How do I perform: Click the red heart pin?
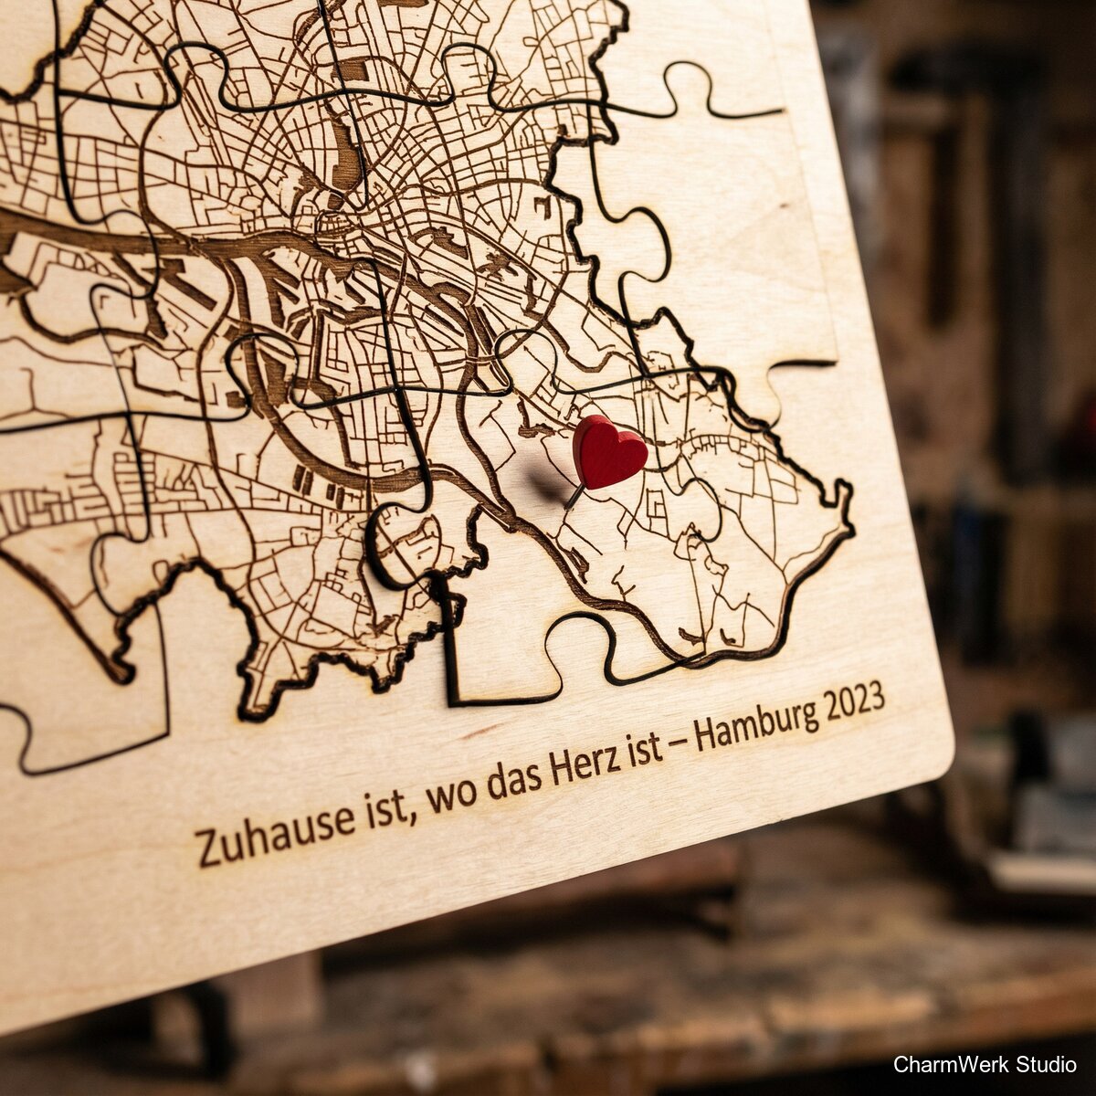[x=608, y=451]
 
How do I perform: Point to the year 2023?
[x=854, y=701]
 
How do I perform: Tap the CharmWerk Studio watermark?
[x=985, y=1064]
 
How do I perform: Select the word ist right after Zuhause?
[x=384, y=808]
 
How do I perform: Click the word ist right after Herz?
[x=645, y=751]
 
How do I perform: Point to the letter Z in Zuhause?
[x=208, y=848]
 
